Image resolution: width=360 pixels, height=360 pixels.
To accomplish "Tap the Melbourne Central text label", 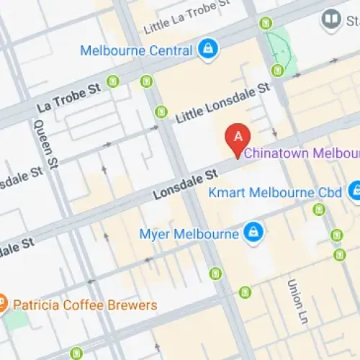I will (136, 51).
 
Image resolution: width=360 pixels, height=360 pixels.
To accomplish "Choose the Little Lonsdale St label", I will (222, 103).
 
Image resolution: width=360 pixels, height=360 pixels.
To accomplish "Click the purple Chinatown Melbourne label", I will (302, 153).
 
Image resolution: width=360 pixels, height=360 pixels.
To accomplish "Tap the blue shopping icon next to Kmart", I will (355, 192).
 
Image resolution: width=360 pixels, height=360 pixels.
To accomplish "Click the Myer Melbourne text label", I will (189, 234).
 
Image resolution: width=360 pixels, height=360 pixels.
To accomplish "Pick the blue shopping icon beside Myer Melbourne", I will (251, 232).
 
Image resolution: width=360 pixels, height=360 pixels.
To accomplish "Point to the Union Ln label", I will (296, 300).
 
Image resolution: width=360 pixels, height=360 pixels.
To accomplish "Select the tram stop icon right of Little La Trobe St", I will (266, 23).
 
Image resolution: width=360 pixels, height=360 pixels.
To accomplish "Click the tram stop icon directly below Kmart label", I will (319, 210).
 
